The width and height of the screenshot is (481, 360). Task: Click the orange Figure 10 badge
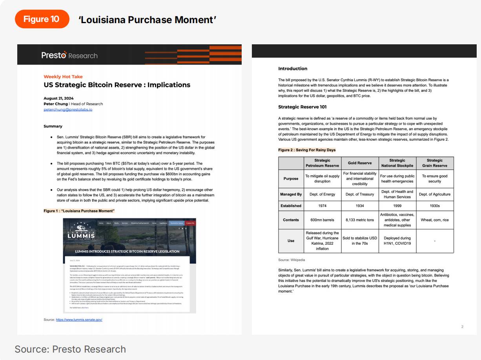click(x=42, y=19)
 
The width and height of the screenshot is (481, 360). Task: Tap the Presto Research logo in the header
click(x=69, y=55)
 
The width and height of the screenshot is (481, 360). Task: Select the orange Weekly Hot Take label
click(x=63, y=77)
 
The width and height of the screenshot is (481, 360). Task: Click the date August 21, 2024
click(x=58, y=98)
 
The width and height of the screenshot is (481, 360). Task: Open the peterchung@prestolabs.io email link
click(x=68, y=109)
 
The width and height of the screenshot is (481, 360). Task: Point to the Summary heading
click(x=53, y=126)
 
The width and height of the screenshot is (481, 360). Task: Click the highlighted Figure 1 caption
click(x=79, y=211)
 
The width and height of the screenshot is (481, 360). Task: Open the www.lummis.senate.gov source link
click(x=79, y=320)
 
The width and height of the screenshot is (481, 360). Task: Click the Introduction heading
click(x=293, y=69)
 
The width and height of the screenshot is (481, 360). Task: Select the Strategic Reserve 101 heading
click(x=302, y=107)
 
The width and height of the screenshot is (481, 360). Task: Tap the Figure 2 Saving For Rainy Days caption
click(x=307, y=150)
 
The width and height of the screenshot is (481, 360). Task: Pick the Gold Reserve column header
click(x=360, y=163)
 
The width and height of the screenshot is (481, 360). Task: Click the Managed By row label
click(x=291, y=194)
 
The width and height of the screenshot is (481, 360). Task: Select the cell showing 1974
click(x=322, y=205)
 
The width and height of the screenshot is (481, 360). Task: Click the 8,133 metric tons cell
click(x=360, y=220)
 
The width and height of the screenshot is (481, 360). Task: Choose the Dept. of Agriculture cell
click(x=435, y=194)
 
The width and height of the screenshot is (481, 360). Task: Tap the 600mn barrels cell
click(x=322, y=220)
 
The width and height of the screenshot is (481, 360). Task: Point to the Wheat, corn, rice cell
click(x=435, y=220)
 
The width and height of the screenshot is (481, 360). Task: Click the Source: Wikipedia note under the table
click(x=292, y=260)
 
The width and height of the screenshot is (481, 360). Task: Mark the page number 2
click(x=462, y=327)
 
